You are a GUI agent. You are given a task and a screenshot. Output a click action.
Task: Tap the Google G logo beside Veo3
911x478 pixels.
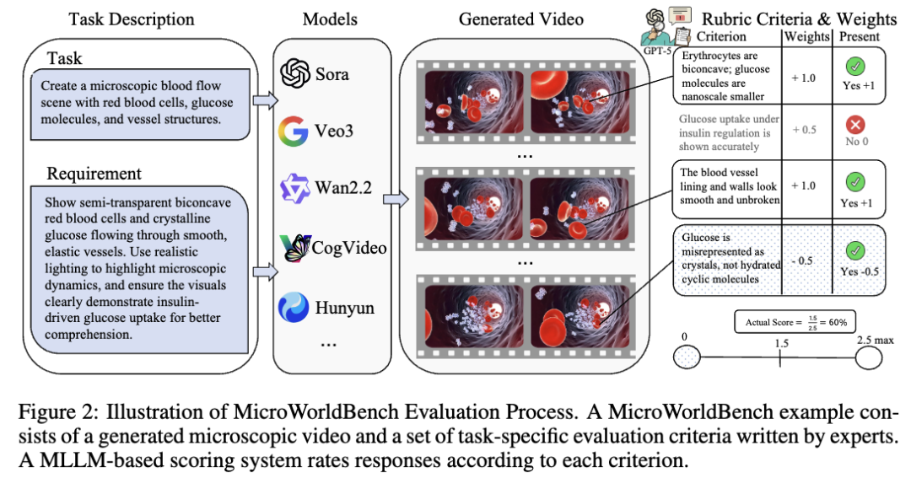(x=294, y=132)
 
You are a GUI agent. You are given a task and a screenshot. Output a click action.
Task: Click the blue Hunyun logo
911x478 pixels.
(x=294, y=308)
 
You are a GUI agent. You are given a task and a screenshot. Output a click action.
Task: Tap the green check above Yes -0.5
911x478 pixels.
(x=855, y=251)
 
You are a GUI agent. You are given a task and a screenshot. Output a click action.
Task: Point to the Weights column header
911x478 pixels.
(x=806, y=36)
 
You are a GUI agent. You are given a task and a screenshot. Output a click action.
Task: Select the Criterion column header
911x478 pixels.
(x=721, y=36)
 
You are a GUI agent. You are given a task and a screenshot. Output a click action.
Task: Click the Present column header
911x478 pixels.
(x=859, y=36)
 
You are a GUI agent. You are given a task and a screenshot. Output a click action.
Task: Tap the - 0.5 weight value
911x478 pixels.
(x=802, y=260)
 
